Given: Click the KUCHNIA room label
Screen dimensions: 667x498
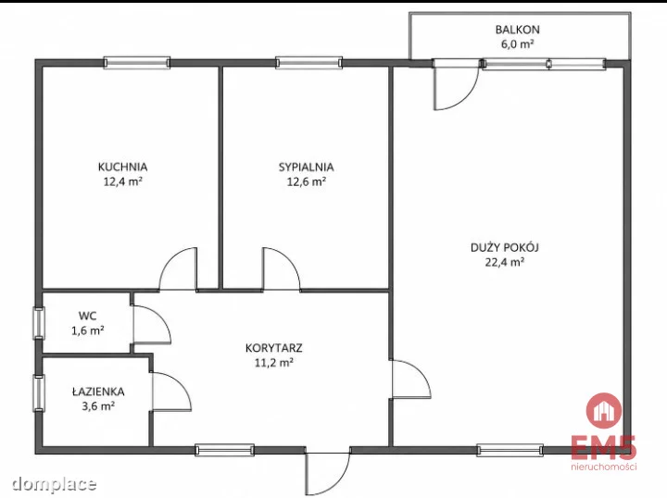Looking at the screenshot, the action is click(x=122, y=167).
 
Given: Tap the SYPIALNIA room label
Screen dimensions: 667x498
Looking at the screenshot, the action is click(x=307, y=167).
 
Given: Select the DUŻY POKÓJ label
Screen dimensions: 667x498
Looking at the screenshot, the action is click(x=505, y=247).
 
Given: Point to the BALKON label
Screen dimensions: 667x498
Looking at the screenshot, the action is click(x=517, y=30).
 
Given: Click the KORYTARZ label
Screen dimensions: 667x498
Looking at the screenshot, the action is click(x=274, y=348).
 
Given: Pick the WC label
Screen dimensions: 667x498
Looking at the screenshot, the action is click(x=88, y=316).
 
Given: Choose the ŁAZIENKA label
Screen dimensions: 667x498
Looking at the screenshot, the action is click(x=98, y=391).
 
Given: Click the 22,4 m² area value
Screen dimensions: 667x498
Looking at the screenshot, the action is click(x=505, y=262).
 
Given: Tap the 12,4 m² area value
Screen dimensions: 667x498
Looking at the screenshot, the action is click(x=122, y=181).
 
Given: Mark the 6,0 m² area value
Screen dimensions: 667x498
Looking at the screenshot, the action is click(x=517, y=44).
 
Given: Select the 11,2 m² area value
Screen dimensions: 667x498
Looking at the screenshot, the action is click(x=274, y=363).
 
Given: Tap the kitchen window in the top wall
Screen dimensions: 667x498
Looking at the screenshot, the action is click(x=137, y=63).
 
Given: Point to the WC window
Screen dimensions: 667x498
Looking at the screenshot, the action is click(x=39, y=323).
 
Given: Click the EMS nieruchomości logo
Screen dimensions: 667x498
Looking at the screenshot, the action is click(x=604, y=431).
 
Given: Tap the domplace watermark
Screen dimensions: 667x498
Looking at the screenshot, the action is click(x=54, y=483).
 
